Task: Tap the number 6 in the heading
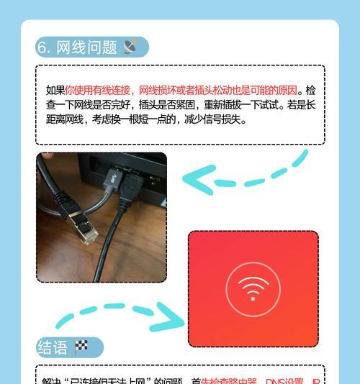pos(42,47)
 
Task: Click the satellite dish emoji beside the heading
pos(131,47)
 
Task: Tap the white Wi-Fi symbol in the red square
pos(253,286)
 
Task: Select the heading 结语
pos(53,348)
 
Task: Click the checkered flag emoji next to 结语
pos(81,348)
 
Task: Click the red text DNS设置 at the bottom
pos(285,381)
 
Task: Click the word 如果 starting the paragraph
pos(55,91)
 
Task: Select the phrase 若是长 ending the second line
pos(303,105)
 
